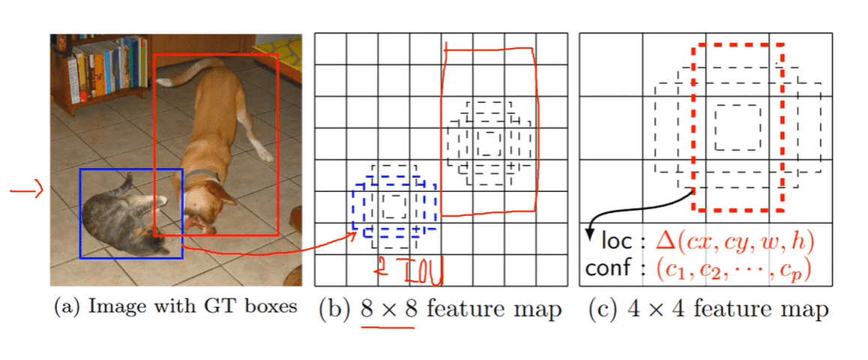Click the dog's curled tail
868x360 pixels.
pos(187,71)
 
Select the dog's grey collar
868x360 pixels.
pos(202,178)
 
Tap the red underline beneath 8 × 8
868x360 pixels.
pos(388,327)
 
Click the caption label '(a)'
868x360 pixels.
pos(67,307)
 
